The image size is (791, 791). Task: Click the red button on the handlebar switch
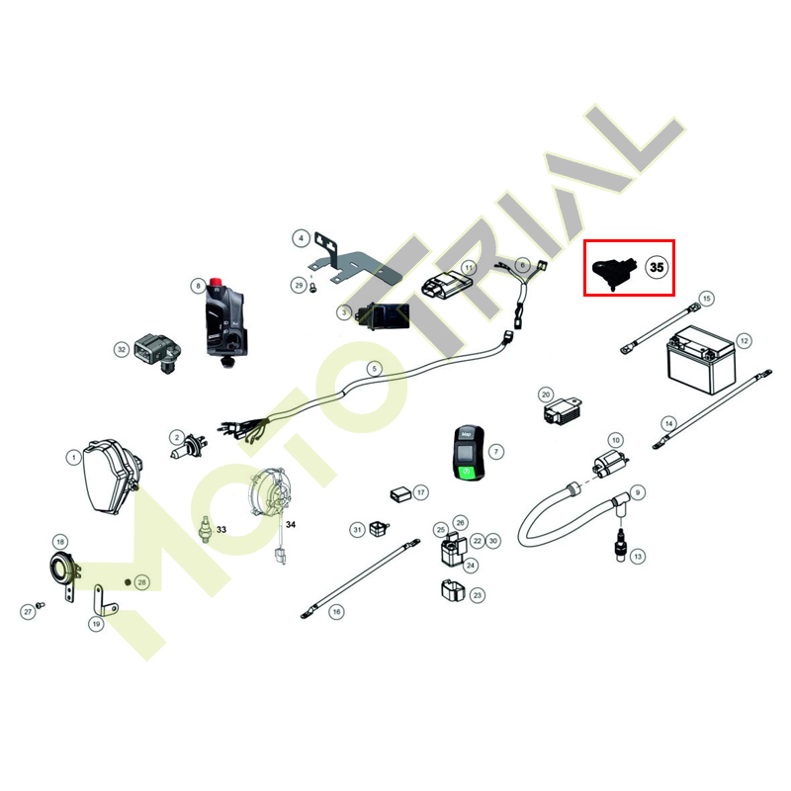(x=216, y=282)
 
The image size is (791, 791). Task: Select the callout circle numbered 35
(x=657, y=267)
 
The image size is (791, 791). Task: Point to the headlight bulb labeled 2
(x=189, y=447)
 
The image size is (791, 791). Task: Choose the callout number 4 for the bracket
(x=302, y=238)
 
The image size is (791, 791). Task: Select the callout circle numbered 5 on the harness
(x=374, y=369)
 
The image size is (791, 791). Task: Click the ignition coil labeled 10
(x=610, y=464)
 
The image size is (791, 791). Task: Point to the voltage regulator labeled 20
(x=562, y=410)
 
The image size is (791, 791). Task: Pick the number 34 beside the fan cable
(x=291, y=525)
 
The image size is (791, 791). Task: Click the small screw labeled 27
(x=41, y=604)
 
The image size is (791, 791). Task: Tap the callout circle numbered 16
(x=336, y=612)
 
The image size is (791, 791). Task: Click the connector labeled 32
(x=158, y=352)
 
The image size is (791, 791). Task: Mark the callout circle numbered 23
(x=478, y=595)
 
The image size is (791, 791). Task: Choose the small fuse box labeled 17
(x=401, y=494)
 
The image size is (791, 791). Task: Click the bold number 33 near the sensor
(x=221, y=530)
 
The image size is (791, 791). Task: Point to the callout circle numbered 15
(x=706, y=299)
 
